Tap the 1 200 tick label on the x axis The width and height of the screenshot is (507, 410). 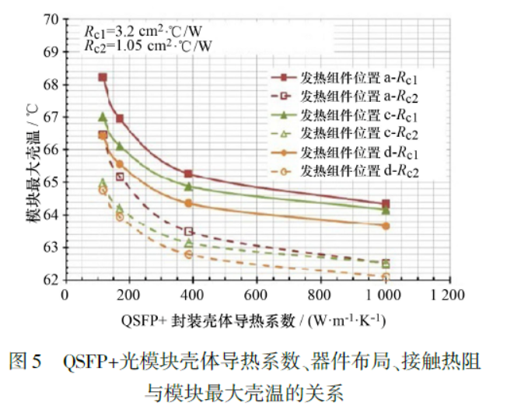(x=446, y=296)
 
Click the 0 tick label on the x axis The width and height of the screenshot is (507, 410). (x=67, y=296)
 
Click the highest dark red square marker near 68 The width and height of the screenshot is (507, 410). (x=103, y=77)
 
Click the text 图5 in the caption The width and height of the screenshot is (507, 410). (x=24, y=363)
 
